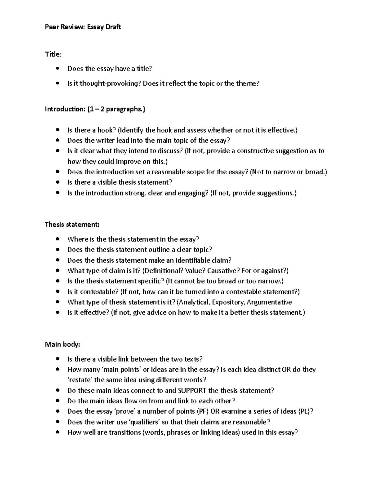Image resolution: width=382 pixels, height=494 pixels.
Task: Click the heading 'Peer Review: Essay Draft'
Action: click(x=83, y=27)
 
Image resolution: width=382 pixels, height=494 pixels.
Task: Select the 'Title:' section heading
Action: click(x=53, y=54)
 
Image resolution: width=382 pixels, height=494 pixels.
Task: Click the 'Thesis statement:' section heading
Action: click(x=72, y=225)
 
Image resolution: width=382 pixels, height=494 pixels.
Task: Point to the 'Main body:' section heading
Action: click(x=62, y=344)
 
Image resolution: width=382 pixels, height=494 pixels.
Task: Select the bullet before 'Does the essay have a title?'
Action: click(x=57, y=69)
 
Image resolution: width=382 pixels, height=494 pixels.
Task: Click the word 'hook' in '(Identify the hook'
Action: click(x=165, y=130)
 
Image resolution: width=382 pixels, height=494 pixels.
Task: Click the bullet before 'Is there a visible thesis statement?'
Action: click(x=57, y=183)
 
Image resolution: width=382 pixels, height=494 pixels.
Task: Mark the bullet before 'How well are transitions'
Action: click(x=57, y=433)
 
